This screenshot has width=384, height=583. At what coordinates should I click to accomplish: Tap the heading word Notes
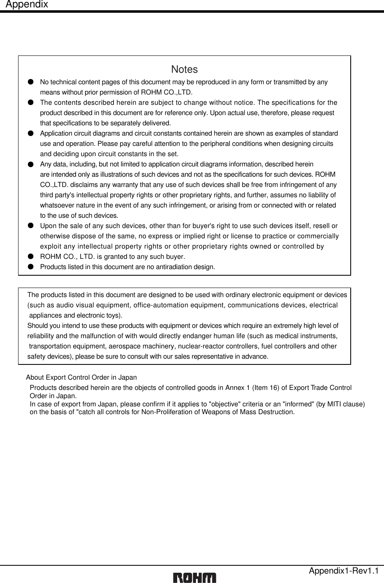(184, 69)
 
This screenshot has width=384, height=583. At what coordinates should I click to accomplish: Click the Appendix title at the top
(27, 5)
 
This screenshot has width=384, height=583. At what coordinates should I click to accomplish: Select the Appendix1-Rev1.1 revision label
(344, 571)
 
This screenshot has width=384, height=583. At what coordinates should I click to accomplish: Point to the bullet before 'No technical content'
(30, 82)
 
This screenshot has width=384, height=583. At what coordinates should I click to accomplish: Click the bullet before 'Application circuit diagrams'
(30, 133)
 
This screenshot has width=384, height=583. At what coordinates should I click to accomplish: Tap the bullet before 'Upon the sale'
(30, 226)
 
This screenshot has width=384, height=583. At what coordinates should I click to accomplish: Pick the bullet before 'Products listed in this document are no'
(30, 267)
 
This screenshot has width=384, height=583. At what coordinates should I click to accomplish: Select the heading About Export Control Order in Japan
(81, 377)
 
